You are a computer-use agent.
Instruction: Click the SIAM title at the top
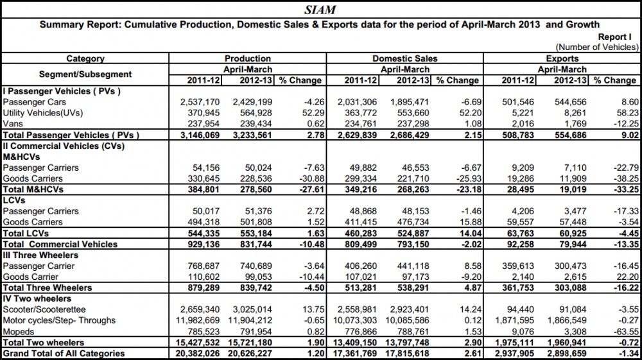[320, 10]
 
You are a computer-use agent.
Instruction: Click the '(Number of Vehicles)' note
[596, 47]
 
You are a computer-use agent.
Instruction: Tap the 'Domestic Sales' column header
[404, 58]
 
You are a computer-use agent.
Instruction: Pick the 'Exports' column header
[562, 58]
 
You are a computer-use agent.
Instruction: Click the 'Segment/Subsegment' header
[85, 74]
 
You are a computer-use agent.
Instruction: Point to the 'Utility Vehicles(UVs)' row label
[42, 113]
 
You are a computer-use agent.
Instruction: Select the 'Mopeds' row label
[18, 332]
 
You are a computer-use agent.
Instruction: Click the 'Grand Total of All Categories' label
[64, 354]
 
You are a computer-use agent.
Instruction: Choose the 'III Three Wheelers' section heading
[40, 255]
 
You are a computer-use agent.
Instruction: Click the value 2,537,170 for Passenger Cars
[200, 102]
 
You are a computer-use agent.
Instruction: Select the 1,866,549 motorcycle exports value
[567, 321]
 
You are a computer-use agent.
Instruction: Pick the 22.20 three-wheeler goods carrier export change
[628, 277]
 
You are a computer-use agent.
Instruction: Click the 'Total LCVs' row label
[26, 234]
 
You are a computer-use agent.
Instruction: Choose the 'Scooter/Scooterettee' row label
[44, 310]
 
